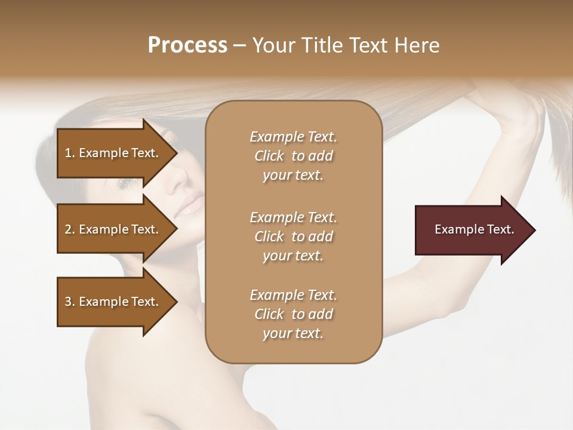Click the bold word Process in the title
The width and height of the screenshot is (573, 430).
(187, 45)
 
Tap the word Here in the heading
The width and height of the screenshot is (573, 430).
(416, 45)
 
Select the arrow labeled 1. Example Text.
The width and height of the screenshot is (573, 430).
(113, 153)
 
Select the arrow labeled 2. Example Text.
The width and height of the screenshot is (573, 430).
(113, 229)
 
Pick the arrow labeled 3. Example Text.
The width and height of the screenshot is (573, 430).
(113, 302)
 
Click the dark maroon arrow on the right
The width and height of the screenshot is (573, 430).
(472, 229)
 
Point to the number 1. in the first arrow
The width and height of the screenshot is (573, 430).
(70, 153)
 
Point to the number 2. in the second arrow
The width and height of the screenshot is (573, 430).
(70, 229)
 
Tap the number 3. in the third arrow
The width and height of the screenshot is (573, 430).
(70, 302)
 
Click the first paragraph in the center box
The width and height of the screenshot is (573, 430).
(293, 156)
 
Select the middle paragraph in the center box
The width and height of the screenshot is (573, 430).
(293, 236)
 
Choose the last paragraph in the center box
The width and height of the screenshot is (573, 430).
(293, 314)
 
